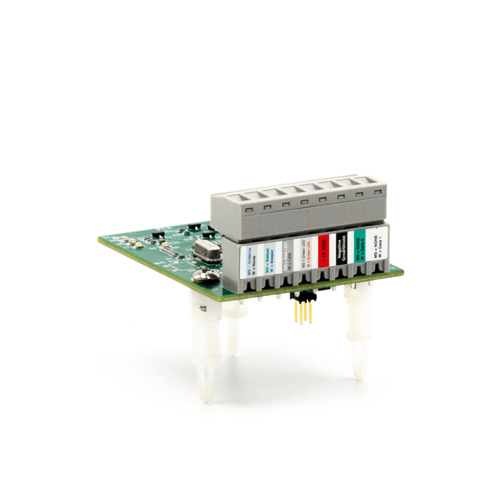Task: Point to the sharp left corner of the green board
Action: point(99,240)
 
